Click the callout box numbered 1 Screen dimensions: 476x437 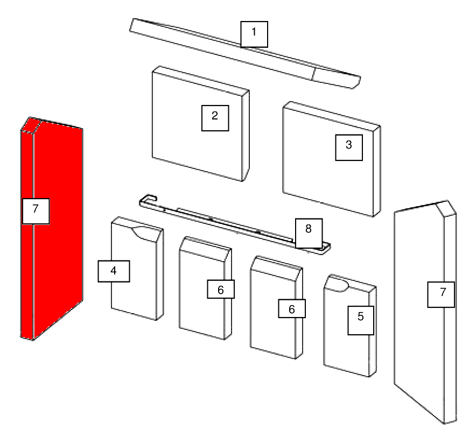point(254,34)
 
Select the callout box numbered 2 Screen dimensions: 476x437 point(215,118)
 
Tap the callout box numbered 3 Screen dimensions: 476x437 point(349,147)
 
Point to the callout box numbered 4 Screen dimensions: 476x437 point(114,271)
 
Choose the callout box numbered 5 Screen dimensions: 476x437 point(361,320)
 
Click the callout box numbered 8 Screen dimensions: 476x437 point(309,233)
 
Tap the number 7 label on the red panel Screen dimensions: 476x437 point(36,211)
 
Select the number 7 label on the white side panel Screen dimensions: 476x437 point(441,294)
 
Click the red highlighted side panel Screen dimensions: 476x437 point(52,228)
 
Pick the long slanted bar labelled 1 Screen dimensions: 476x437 point(244,53)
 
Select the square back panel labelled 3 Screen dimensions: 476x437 point(332,159)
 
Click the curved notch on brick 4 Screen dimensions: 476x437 point(144,233)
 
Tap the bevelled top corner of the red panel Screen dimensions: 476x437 point(31,125)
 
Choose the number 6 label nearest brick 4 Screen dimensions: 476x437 point(221,289)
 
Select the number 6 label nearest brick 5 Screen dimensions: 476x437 point(292,308)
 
